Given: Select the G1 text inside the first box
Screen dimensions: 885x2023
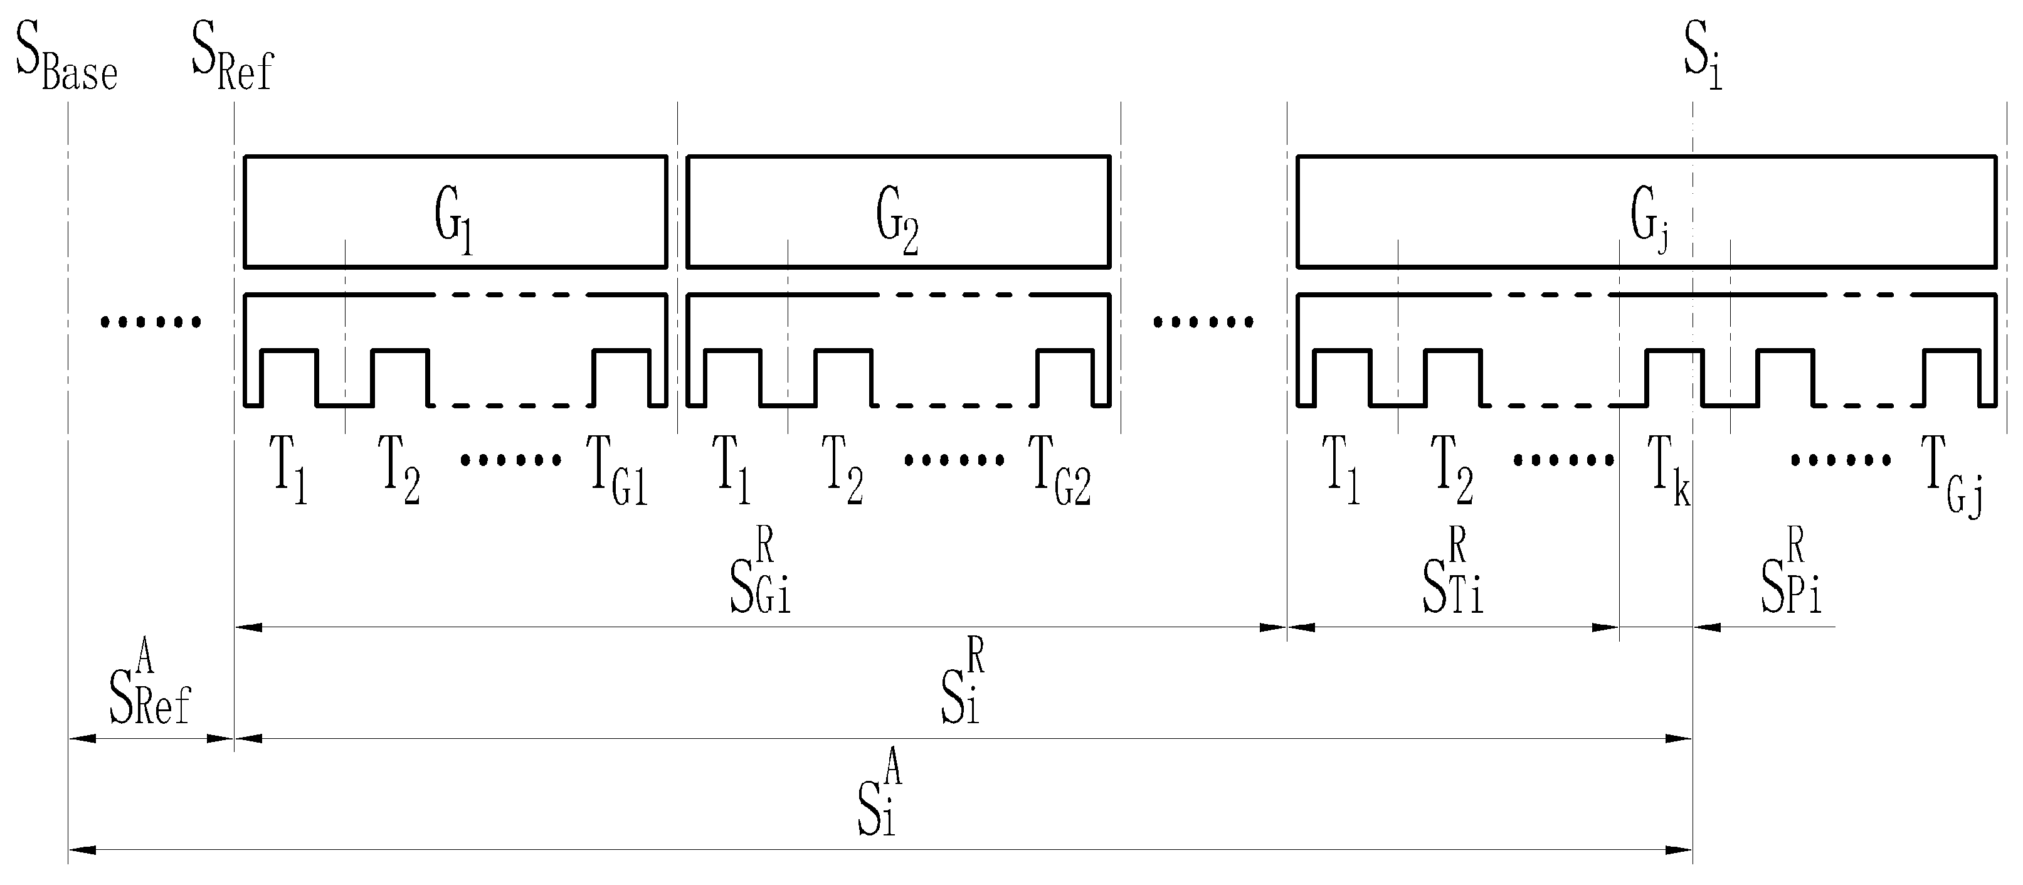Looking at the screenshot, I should (454, 221).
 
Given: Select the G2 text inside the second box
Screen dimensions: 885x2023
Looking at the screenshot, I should (897, 221).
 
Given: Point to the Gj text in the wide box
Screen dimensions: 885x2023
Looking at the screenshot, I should (1649, 221).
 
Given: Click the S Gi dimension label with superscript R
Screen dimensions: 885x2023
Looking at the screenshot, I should (760, 573).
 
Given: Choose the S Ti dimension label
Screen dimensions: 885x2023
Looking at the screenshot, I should (1453, 573).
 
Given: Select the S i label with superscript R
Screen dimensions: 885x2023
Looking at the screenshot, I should (962, 683).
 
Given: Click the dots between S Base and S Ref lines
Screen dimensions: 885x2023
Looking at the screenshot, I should (151, 321).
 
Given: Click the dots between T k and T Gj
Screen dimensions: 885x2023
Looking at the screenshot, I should (1840, 459).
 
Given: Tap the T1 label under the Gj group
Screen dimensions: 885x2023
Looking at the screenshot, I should (1341, 471).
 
